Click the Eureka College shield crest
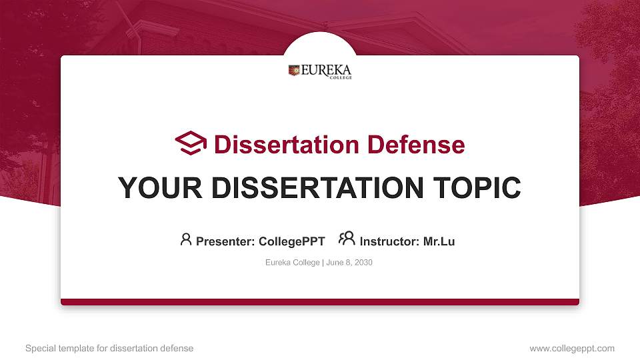pos(293,70)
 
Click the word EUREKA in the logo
pos(326,70)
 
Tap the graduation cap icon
pos(191,143)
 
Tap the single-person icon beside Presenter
pos(186,239)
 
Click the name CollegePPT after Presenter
pos(291,241)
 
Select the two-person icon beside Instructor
pos(347,239)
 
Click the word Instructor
pos(389,241)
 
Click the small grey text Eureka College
pos(293,263)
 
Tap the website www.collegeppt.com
pos(572,348)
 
